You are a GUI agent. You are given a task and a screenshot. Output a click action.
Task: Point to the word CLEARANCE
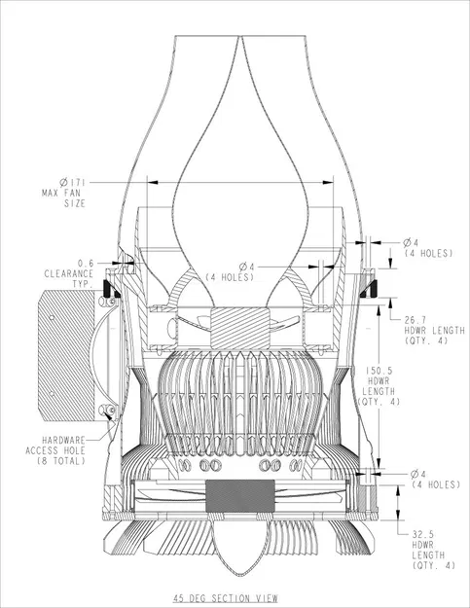coord(71,273)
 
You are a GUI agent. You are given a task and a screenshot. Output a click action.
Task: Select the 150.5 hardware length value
coord(375,371)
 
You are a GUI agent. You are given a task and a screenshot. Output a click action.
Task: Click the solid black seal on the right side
coord(373,288)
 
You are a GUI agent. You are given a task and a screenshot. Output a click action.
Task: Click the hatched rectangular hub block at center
coord(236,324)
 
